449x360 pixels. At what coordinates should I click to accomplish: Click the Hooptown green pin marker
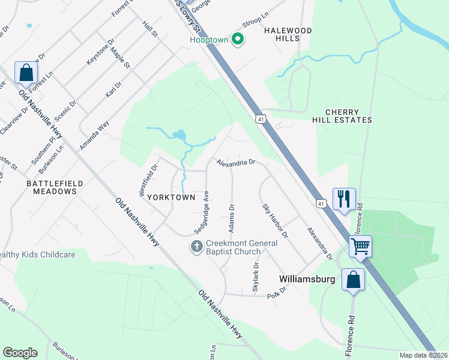point(238,40)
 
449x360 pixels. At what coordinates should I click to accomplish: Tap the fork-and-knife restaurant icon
point(344,199)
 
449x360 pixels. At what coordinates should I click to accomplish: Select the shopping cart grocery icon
point(360,246)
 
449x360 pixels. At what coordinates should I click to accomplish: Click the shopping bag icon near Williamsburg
point(354,280)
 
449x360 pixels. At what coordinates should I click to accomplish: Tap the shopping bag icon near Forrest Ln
point(26,73)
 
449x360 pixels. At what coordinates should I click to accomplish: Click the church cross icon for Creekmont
point(196,247)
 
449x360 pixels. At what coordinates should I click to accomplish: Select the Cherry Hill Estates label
point(349,116)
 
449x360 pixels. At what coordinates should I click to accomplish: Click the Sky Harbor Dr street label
point(275,220)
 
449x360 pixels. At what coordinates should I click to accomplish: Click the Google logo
point(20,353)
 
